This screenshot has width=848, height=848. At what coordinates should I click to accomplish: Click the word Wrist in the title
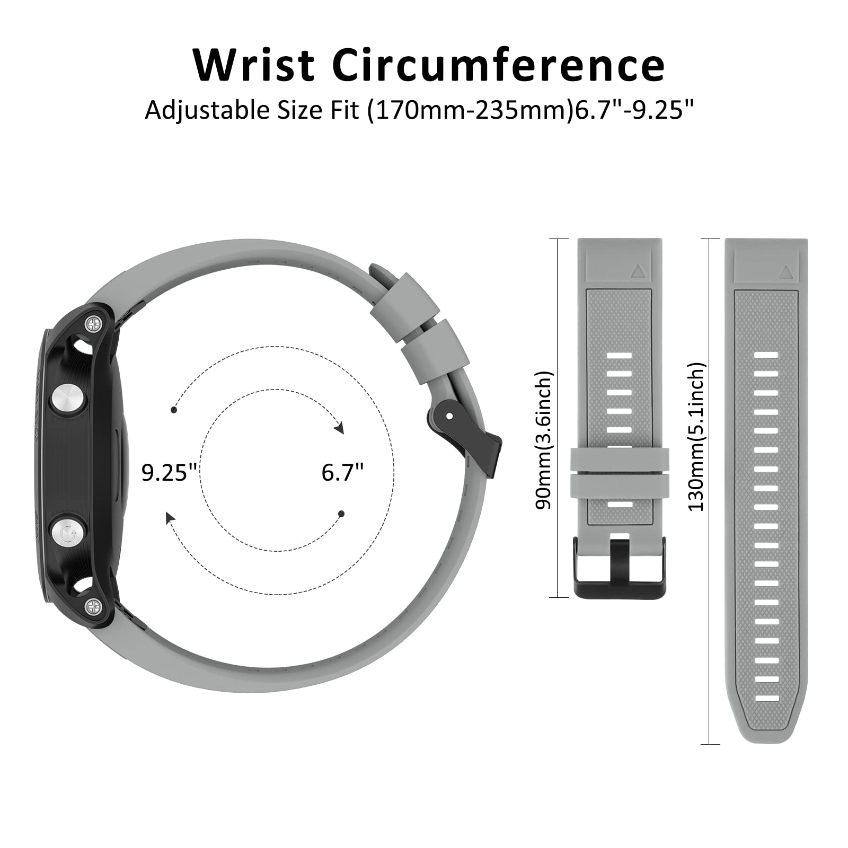[254, 65]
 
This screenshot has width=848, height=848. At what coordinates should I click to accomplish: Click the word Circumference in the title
[499, 65]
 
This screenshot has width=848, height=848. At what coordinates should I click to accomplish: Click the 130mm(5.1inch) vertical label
[696, 437]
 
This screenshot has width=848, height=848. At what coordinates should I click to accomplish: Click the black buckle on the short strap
[620, 567]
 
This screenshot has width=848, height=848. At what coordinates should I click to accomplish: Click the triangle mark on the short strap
[637, 272]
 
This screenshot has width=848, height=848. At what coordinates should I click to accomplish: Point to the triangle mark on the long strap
[785, 272]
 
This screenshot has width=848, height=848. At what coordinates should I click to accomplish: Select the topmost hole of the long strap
[766, 355]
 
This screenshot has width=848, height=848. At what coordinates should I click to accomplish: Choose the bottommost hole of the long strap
[766, 698]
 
